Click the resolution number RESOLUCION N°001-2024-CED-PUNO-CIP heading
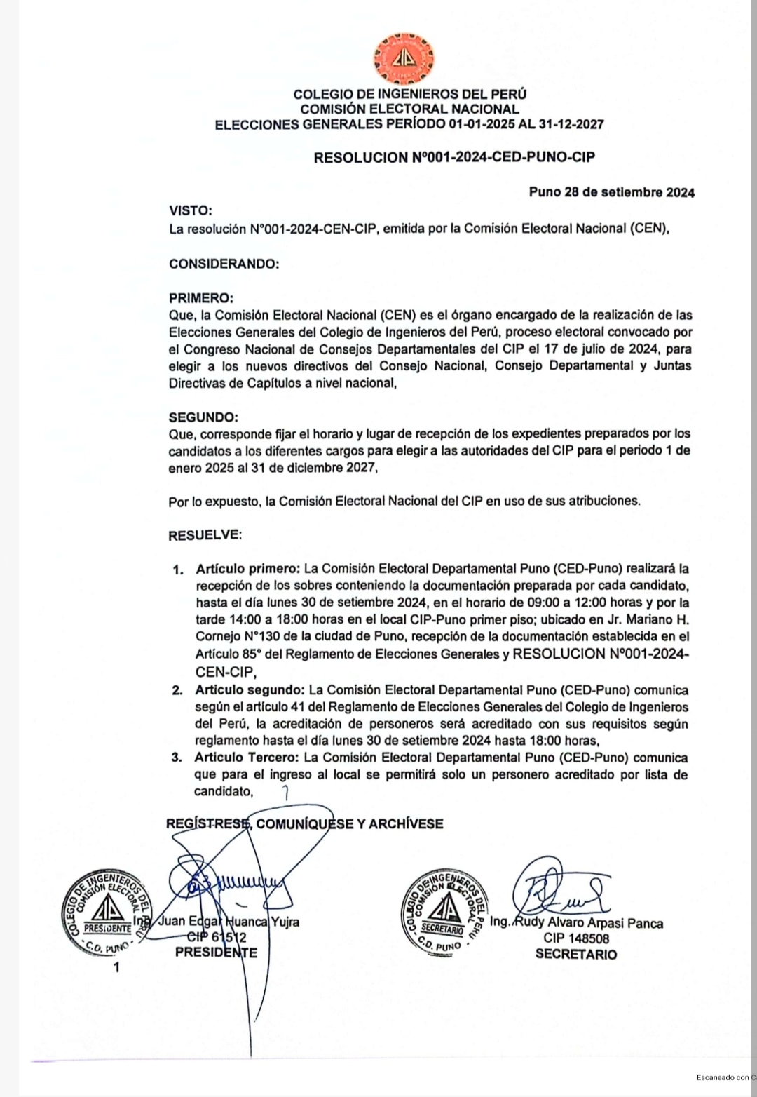pyautogui.click(x=454, y=157)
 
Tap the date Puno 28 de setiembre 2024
pyautogui.click(x=612, y=192)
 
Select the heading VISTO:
pyautogui.click(x=190, y=210)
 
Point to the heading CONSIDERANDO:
pyautogui.click(x=224, y=264)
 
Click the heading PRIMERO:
pyautogui.click(x=200, y=298)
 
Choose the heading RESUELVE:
pyautogui.click(x=205, y=535)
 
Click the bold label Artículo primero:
pyautogui.click(x=248, y=568)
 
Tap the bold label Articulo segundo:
pyautogui.click(x=249, y=690)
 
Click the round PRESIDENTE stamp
pyautogui.click(x=104, y=913)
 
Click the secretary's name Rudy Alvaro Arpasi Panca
pyautogui.click(x=589, y=923)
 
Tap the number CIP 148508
pyautogui.click(x=576, y=938)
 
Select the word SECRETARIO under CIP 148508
pyautogui.click(x=576, y=954)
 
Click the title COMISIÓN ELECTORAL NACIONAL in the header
pyautogui.click(x=409, y=109)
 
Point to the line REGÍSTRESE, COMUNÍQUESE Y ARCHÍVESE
pyautogui.click(x=305, y=823)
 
